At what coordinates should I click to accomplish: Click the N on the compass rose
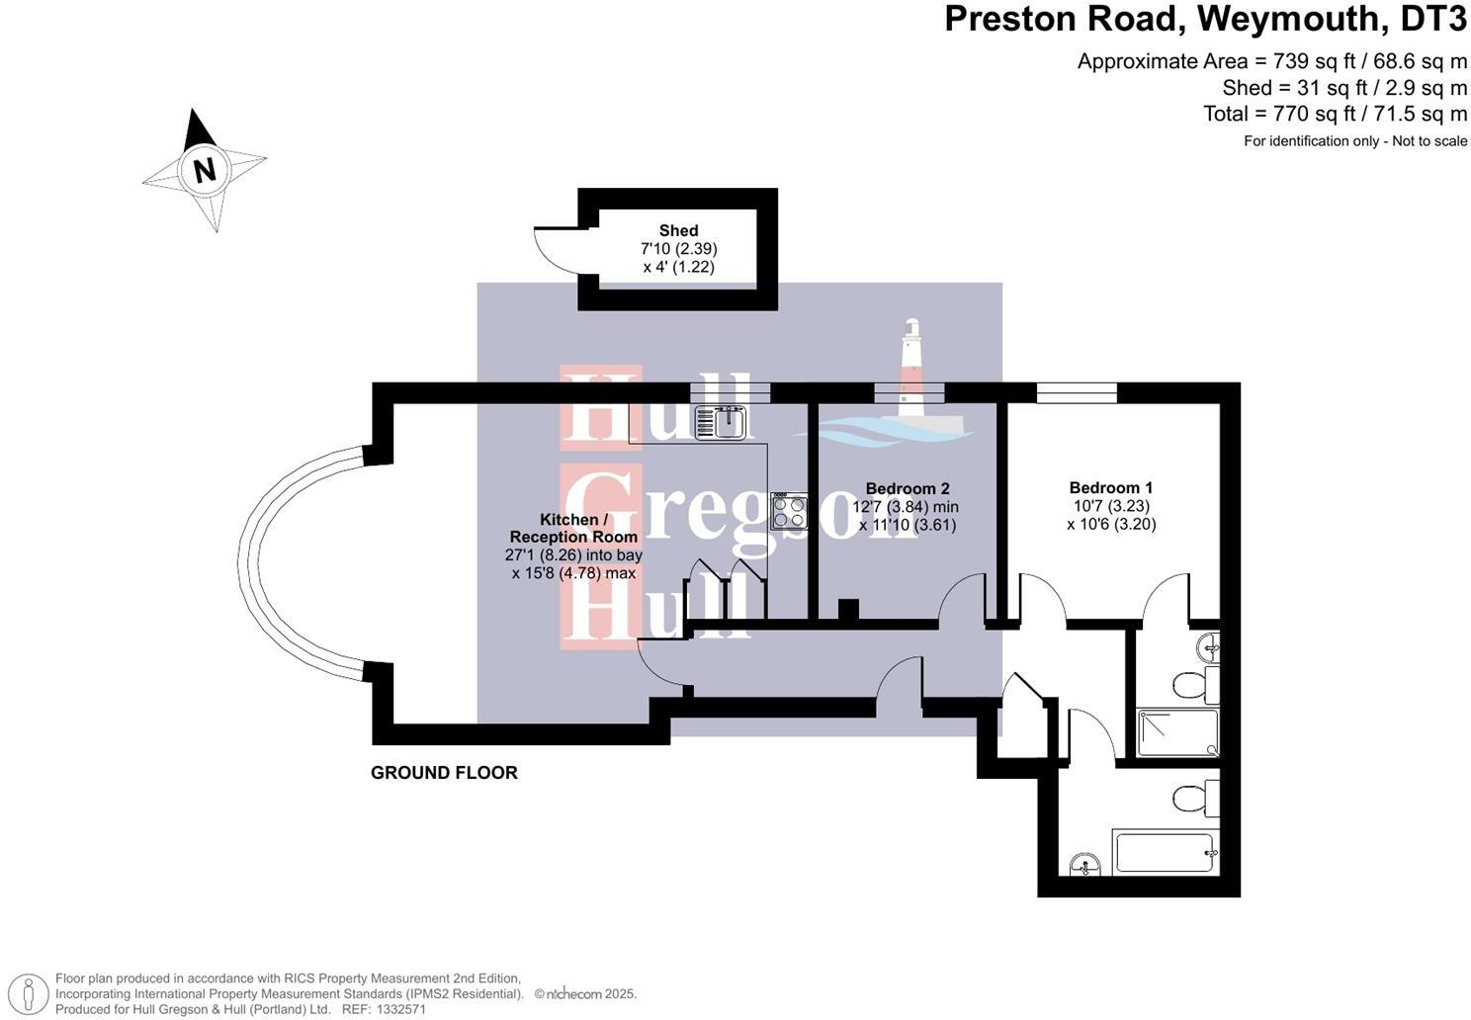click(205, 170)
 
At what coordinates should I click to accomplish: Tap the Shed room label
click(678, 230)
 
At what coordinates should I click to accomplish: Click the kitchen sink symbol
click(721, 422)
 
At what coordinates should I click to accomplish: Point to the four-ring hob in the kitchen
click(789, 511)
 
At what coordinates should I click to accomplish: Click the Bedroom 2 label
click(907, 488)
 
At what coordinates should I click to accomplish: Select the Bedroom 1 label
click(1110, 487)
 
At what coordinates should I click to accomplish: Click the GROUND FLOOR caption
click(444, 773)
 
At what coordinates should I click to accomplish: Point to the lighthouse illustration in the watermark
click(910, 376)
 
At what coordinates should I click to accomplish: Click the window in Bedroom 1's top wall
click(1077, 393)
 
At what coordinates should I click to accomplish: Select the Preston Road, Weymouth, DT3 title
click(1205, 19)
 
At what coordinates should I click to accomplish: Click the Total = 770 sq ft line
click(1335, 114)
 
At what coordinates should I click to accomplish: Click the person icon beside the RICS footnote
click(32, 994)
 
